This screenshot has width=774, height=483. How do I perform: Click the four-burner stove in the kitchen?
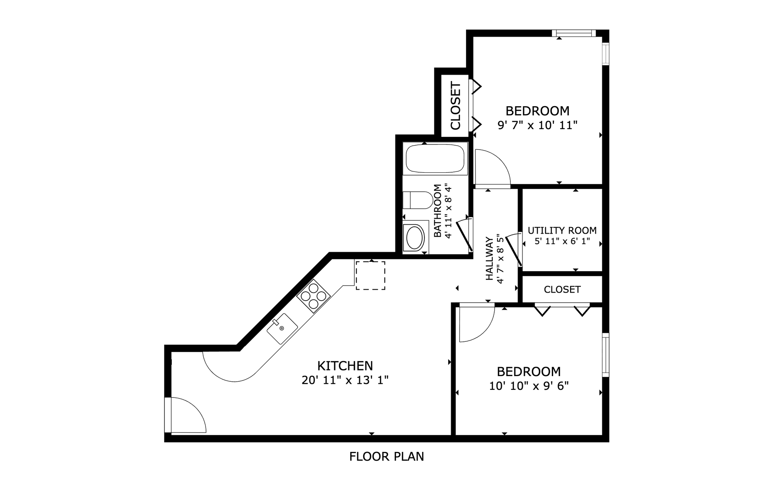click(x=314, y=296)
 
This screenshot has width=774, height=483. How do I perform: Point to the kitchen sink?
click(x=282, y=328)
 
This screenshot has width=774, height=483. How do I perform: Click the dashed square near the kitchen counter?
click(x=370, y=275)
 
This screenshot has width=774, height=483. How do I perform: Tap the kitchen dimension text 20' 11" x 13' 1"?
click(x=345, y=380)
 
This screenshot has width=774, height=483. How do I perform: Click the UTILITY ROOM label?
click(x=562, y=230)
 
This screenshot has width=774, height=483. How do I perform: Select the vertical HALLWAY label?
click(x=489, y=259)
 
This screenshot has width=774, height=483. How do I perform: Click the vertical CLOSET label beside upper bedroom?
click(x=456, y=106)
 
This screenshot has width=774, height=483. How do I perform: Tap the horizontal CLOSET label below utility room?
click(x=562, y=289)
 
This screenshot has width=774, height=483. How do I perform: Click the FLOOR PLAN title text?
click(x=386, y=456)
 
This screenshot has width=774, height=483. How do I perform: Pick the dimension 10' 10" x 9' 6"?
click(x=528, y=386)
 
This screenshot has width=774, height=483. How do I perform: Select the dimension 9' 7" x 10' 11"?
click(x=537, y=125)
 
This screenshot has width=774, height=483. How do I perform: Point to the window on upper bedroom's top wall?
click(x=573, y=33)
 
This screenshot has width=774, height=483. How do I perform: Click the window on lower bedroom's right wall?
click(x=605, y=354)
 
